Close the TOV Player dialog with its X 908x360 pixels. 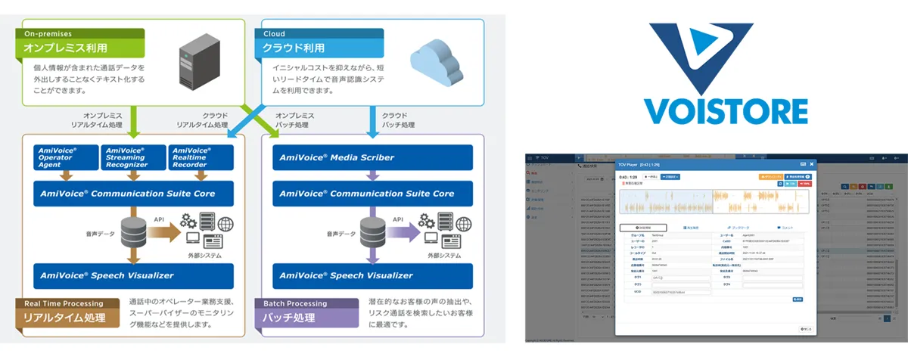point(812,163)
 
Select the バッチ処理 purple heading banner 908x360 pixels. point(313,317)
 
